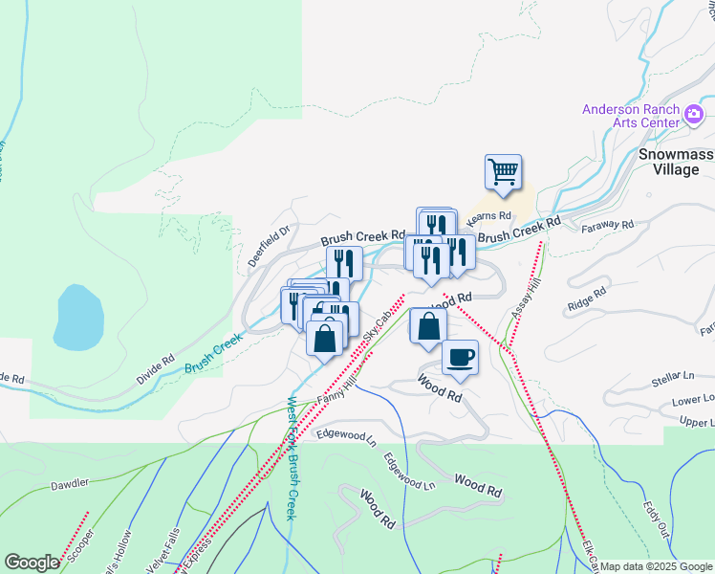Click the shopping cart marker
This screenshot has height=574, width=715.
pyautogui.click(x=503, y=173)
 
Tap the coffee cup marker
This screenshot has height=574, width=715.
pyautogui.click(x=460, y=357)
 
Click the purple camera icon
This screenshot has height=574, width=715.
pyautogui.click(x=695, y=117)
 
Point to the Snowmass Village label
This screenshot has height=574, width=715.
pyautogui.click(x=675, y=162)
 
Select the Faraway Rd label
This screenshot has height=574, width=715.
pyautogui.click(x=607, y=226)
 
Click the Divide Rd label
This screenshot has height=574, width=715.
pyautogui.click(x=155, y=368)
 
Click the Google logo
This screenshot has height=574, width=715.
pyautogui.click(x=32, y=562)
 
